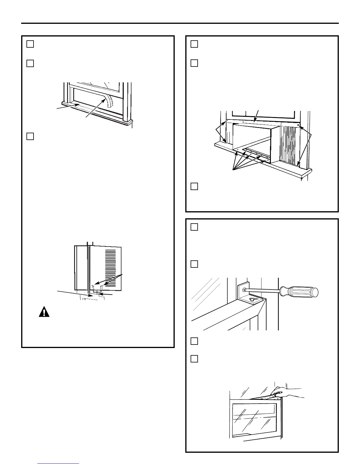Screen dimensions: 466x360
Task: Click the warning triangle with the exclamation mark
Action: pyautogui.click(x=44, y=312)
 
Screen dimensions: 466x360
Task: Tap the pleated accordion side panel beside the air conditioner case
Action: pyautogui.click(x=290, y=144)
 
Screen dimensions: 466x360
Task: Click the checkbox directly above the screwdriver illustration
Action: pyautogui.click(x=194, y=264)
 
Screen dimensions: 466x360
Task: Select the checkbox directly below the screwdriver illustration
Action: pyautogui.click(x=194, y=341)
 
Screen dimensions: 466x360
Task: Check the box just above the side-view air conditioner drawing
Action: pyautogui.click(x=30, y=136)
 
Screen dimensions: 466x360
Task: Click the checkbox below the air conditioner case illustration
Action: pyautogui.click(x=194, y=186)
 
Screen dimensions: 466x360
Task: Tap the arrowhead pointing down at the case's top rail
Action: pyautogui.click(x=254, y=120)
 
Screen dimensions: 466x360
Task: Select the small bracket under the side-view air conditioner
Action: pyautogui.click(x=97, y=292)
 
